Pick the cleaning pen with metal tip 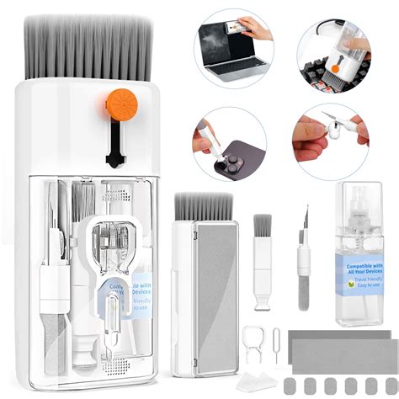tap(304, 253)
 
